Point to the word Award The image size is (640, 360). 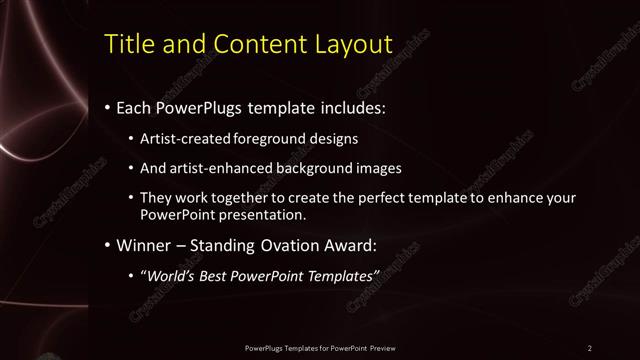(x=368, y=245)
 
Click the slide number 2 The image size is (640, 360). (x=589, y=347)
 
